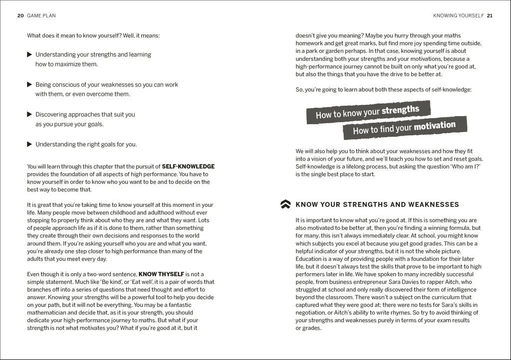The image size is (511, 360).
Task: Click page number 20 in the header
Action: point(20,15)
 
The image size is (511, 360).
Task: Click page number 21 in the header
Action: point(490,15)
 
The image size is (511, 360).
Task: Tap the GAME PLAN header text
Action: point(41,15)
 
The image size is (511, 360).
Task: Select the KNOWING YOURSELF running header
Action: point(458,15)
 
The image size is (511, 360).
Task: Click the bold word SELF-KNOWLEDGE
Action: point(188,167)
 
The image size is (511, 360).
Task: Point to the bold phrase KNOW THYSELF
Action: point(161,274)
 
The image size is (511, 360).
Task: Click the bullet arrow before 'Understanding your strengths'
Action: point(29,54)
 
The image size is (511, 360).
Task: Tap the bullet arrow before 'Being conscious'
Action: point(29,84)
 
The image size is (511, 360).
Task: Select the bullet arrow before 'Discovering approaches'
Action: point(29,114)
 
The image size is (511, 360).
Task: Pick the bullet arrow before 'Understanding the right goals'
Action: point(29,144)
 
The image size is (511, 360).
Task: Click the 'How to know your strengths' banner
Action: point(368,112)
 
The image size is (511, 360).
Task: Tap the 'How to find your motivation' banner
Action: point(404,128)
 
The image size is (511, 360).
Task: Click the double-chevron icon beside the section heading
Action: point(285,204)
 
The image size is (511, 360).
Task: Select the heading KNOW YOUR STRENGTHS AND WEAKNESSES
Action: point(377,204)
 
